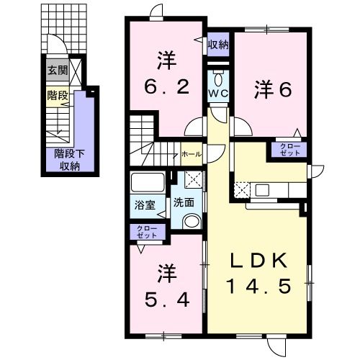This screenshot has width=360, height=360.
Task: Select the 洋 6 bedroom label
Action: tap(271, 89)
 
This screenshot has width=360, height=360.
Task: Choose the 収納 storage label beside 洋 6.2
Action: tap(218, 45)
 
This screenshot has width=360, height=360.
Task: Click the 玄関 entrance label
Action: tap(57, 70)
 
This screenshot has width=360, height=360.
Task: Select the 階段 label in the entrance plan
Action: tap(57, 94)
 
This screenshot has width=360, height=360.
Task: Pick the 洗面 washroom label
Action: tap(184, 204)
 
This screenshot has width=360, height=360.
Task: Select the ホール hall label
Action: tap(192, 154)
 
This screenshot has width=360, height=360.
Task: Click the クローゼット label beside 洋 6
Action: tap(288, 150)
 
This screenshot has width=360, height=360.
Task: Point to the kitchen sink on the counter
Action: tap(261, 191)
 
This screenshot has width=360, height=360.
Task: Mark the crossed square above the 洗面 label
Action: tap(192, 181)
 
